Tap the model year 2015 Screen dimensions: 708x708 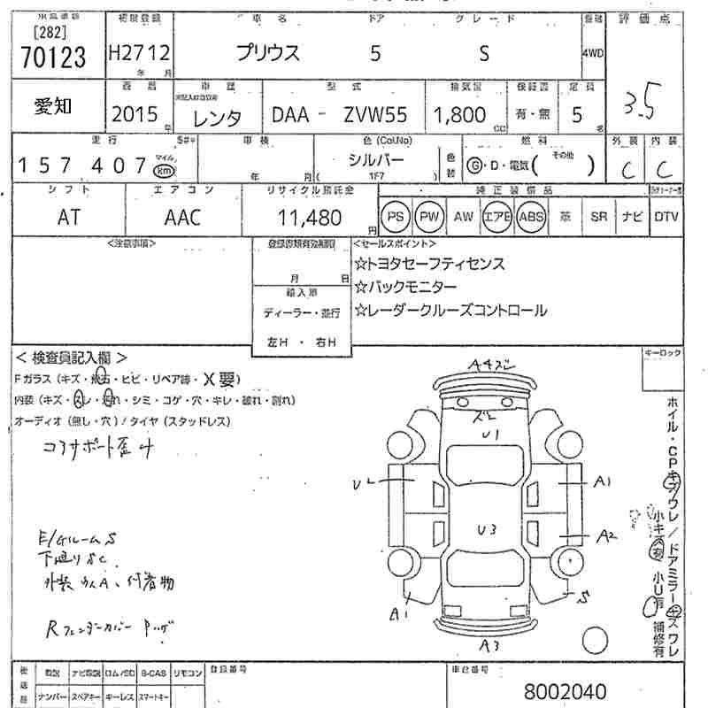(x=135, y=114)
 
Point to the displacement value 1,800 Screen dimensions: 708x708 (x=459, y=114)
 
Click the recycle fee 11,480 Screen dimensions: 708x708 (x=310, y=218)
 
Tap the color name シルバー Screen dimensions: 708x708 (x=375, y=161)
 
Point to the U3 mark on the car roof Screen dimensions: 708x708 (x=486, y=530)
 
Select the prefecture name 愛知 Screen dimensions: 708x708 (x=54, y=107)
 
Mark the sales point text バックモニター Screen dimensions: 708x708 (x=406, y=288)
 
